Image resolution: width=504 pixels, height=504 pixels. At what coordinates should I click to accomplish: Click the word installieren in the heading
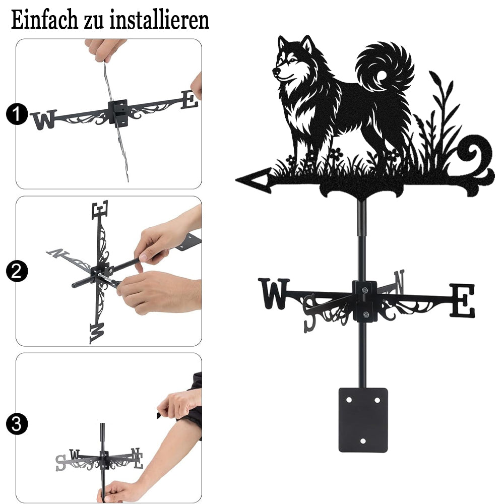[x=159, y=20]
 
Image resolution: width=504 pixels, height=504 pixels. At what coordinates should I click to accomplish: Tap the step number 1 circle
[x=17, y=114]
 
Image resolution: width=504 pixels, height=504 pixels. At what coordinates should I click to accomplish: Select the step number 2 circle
[x=17, y=271]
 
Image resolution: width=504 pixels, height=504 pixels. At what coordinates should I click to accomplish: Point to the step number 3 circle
[x=17, y=424]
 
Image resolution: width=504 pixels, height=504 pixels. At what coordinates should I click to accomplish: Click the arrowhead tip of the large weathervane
[x=236, y=180]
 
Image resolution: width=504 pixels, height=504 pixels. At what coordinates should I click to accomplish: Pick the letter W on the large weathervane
[x=274, y=293]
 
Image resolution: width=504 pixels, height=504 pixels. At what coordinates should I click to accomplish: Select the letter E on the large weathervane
[x=462, y=300]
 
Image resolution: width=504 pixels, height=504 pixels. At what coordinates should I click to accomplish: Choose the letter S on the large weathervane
[x=310, y=313]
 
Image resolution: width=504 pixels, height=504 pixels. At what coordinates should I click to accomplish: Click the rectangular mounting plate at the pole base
[x=363, y=420]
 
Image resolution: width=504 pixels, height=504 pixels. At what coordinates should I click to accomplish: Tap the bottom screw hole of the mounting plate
[x=363, y=441]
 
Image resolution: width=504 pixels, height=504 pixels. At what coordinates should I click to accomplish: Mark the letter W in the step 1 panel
[x=45, y=119]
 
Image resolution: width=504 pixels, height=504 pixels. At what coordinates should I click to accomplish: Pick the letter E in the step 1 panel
[x=190, y=100]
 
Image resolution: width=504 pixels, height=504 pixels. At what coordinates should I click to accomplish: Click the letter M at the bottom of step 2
[x=97, y=333]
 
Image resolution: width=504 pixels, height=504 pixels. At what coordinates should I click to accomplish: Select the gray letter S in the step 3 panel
[x=60, y=463]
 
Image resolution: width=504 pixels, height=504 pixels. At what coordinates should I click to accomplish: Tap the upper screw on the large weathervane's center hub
[x=365, y=291]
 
